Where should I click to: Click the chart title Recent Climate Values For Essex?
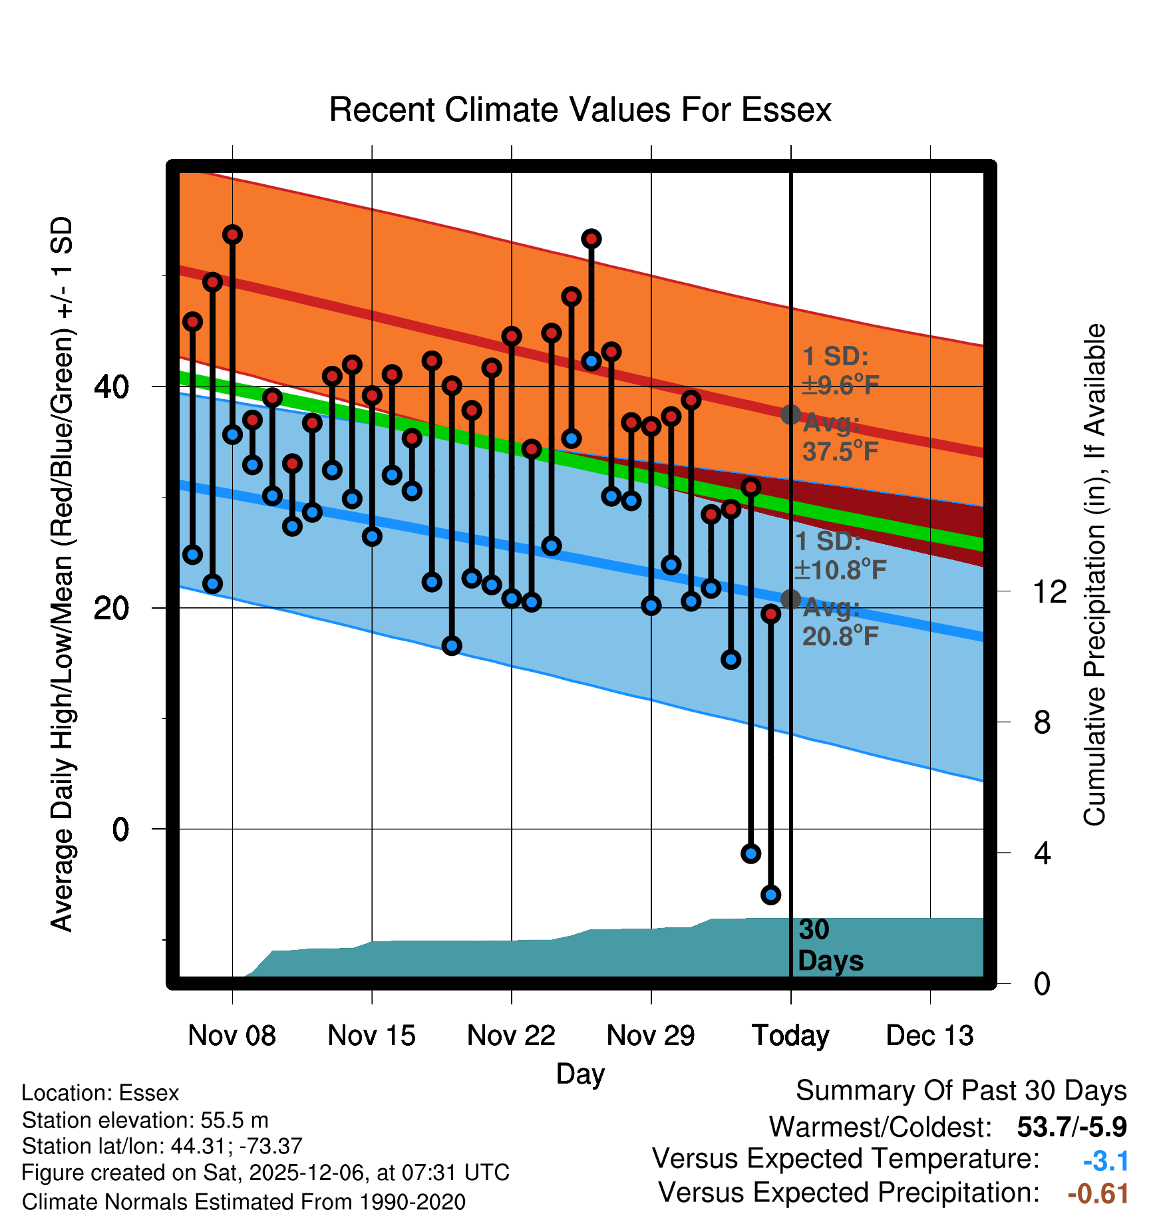(580, 110)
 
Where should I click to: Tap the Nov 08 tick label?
(232, 1036)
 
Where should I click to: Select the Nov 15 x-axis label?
(371, 1036)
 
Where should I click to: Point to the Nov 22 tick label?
(511, 1036)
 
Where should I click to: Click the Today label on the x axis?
(790, 1036)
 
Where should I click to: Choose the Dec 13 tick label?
(929, 1036)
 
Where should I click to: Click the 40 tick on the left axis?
(112, 386)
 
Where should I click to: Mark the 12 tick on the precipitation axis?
(1049, 591)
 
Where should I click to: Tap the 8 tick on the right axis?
(1042, 722)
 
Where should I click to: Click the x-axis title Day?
(580, 1074)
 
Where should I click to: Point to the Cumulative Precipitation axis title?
(1094, 575)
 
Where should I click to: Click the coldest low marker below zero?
(770, 895)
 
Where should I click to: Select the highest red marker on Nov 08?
(232, 234)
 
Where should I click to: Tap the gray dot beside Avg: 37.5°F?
(790, 414)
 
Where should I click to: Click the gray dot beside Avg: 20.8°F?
(790, 599)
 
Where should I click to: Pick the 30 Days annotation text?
(830, 945)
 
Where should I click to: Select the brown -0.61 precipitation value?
(1098, 1194)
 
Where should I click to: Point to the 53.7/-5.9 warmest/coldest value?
(1071, 1128)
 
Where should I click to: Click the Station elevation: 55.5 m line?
(145, 1120)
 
